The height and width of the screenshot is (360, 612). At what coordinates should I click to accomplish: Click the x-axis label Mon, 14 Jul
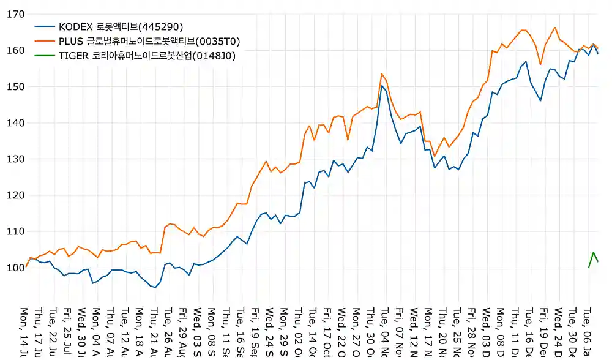(x=25, y=331)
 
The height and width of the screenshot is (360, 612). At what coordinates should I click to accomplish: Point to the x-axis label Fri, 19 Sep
(x=255, y=331)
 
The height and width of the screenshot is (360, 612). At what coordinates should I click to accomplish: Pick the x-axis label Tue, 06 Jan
(x=587, y=331)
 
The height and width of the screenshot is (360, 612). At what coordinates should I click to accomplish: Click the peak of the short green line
(x=593, y=252)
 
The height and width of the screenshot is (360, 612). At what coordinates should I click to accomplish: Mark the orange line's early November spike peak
(x=382, y=74)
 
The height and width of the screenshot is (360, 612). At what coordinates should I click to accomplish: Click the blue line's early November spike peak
(x=382, y=86)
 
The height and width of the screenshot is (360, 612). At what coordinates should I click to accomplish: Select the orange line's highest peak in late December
(x=554, y=27)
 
